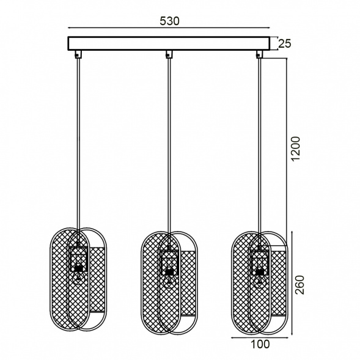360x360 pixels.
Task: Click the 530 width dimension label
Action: click(169, 21)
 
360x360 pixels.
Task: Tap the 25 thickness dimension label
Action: click(285, 43)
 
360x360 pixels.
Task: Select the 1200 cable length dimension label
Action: click(296, 149)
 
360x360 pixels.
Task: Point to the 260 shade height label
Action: click(299, 284)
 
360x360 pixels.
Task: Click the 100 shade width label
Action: click(260, 344)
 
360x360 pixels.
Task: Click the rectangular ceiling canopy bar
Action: click(169, 43)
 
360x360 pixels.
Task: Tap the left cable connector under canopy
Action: click(78, 54)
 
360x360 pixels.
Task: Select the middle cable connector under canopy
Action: click(169, 54)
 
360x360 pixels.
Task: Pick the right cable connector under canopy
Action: click(260, 54)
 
